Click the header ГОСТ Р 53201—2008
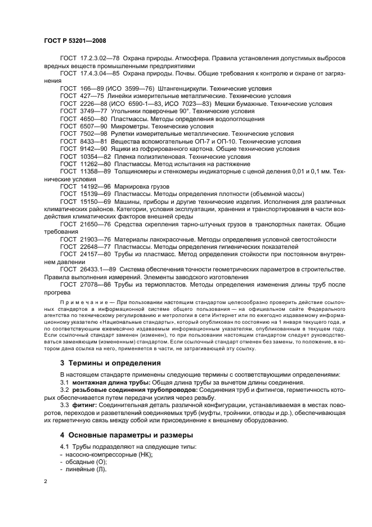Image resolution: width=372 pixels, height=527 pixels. click(75, 41)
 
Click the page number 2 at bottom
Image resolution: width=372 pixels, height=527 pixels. click(46, 481)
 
